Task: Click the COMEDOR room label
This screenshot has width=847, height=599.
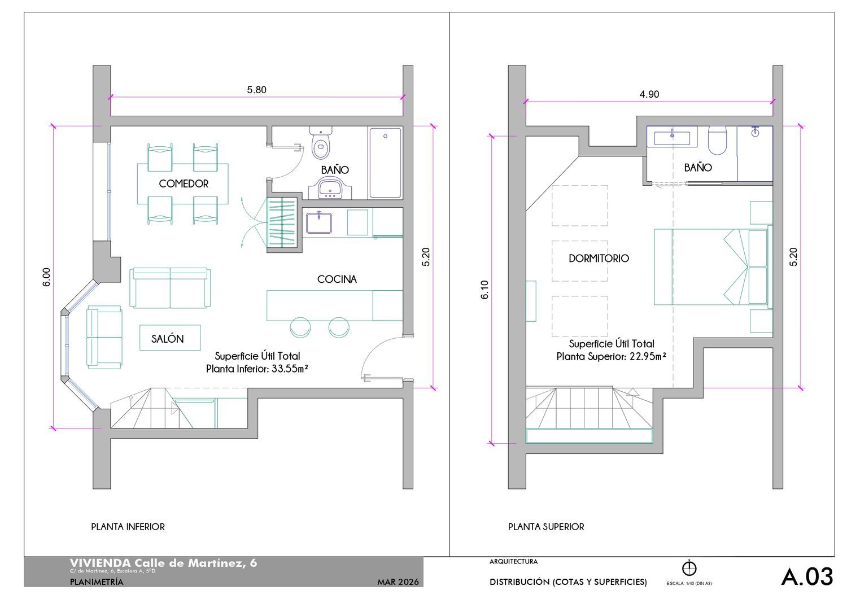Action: (184, 184)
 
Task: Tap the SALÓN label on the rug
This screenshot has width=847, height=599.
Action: (168, 339)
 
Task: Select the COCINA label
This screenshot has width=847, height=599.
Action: (337, 279)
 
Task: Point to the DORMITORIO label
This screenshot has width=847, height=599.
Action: (599, 258)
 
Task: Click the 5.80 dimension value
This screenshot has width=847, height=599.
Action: (257, 90)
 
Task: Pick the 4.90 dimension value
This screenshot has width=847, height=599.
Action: (649, 94)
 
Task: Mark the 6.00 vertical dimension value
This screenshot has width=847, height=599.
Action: (46, 277)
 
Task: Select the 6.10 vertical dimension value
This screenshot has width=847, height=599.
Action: (484, 290)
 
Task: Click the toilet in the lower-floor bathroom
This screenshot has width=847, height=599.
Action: (321, 143)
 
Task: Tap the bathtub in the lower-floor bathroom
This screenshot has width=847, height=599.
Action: (385, 163)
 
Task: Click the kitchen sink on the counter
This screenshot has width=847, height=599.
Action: (319, 222)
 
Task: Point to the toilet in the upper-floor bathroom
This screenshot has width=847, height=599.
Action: (717, 141)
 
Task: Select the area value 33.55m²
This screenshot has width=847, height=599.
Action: (290, 369)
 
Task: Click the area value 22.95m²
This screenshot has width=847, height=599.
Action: (648, 357)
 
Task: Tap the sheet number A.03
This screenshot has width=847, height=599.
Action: (807, 576)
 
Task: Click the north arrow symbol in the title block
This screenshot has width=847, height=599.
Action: (689, 568)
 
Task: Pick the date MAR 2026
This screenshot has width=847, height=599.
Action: (398, 582)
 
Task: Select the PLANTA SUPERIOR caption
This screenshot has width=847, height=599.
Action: (546, 527)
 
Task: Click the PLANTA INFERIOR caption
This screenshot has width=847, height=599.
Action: (128, 527)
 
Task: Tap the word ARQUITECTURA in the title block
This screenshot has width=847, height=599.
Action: (513, 562)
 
